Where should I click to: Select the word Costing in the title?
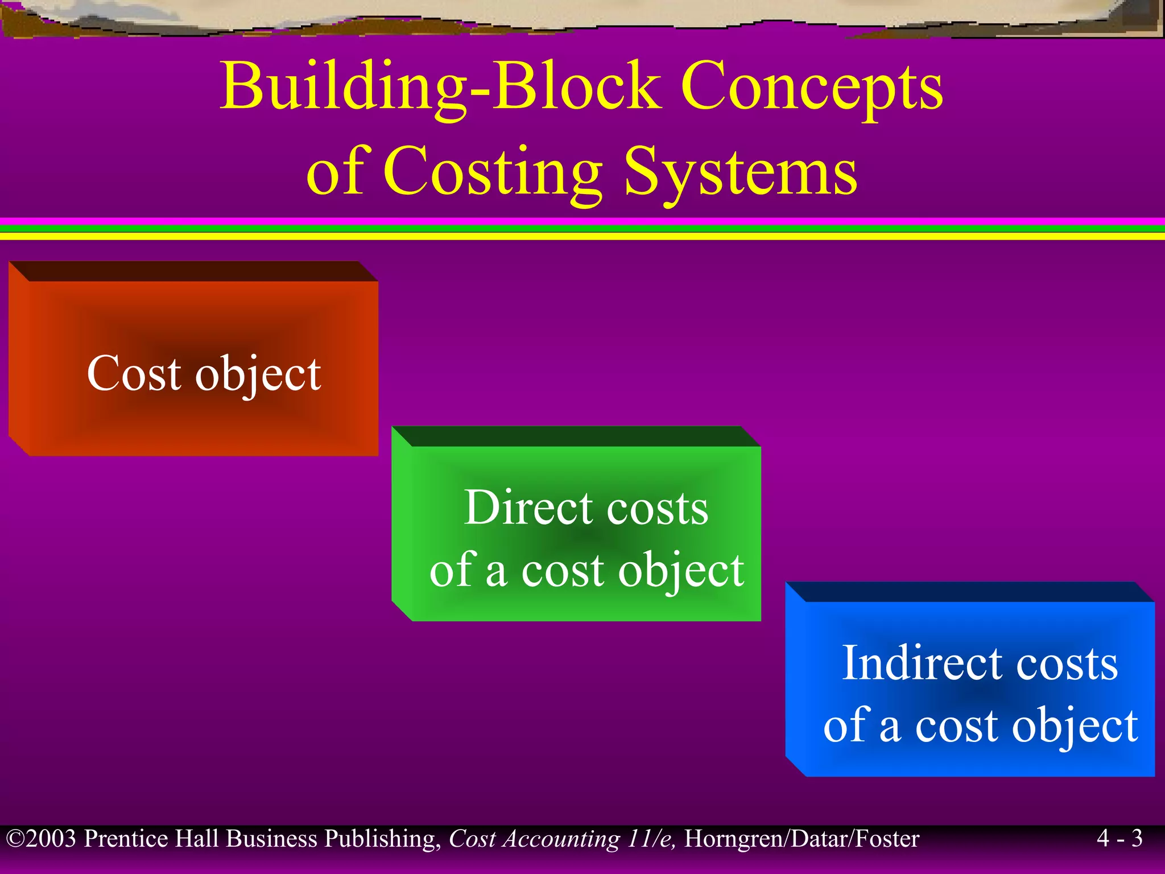point(493,171)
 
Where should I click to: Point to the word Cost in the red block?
point(134,373)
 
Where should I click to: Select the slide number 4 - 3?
point(1119,838)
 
